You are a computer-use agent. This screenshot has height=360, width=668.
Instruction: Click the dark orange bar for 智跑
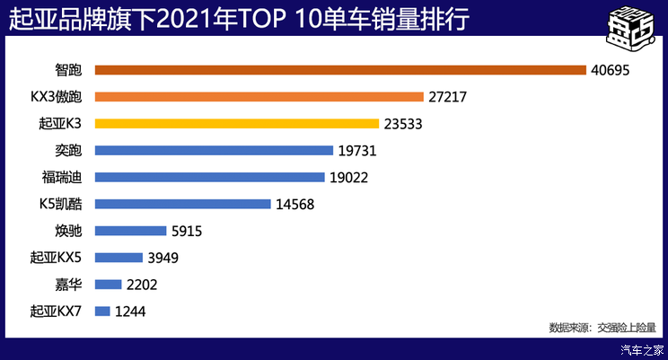[x=339, y=70]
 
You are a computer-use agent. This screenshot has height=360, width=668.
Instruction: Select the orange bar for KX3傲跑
[x=259, y=97]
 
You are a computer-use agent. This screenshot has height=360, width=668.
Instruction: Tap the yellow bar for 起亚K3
[x=236, y=124]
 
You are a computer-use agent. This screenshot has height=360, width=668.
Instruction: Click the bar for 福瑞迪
[x=209, y=178]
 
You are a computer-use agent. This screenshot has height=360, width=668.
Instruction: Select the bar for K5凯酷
[x=182, y=204]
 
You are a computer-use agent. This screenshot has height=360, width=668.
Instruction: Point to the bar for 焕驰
[x=130, y=231]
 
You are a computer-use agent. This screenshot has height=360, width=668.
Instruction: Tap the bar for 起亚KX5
[x=119, y=258]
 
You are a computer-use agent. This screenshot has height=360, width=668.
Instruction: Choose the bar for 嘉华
[x=108, y=285]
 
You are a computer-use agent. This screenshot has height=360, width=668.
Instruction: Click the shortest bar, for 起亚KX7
[x=101, y=312]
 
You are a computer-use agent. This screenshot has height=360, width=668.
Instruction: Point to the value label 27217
[x=451, y=97]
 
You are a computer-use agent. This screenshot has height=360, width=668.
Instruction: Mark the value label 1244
[x=131, y=312]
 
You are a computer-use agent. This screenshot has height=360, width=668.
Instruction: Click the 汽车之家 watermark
[x=642, y=350]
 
